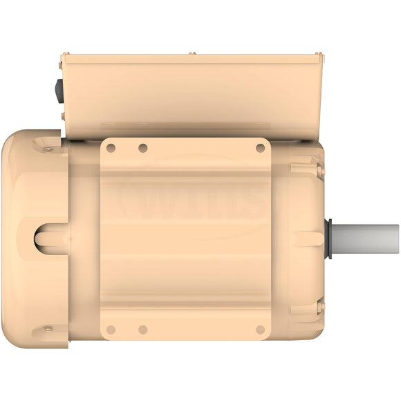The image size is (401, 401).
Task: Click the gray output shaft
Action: coord(366,239)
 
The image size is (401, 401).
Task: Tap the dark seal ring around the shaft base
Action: coord(329,239)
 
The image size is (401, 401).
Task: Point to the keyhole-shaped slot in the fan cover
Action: coord(50,239)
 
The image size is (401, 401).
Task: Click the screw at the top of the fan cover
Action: coord(48,149)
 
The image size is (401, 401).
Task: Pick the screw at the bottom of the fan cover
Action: coord(48,328)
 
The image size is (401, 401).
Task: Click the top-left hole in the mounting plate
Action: coord(111,148)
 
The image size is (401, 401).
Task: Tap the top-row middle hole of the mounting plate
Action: coord(142,148)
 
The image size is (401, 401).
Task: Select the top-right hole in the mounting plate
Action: coord(260,148)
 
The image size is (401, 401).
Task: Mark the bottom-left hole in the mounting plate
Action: coord(111,329)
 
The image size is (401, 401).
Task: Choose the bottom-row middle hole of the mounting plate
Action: coord(142,329)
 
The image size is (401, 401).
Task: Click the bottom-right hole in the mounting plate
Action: coord(260,329)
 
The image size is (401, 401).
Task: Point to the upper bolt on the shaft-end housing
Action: coord(319,168)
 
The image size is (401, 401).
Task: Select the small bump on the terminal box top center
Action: coord(192,53)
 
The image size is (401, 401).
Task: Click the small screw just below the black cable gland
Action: coord(62,116)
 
